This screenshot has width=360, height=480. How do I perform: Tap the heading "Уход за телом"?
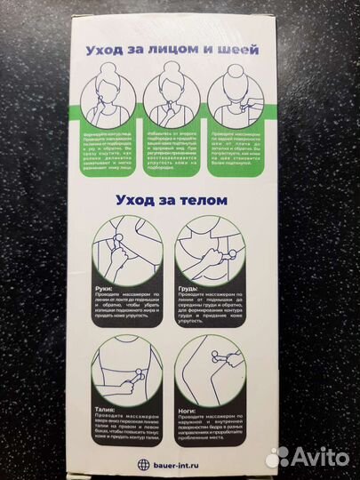click(x=179, y=200)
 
